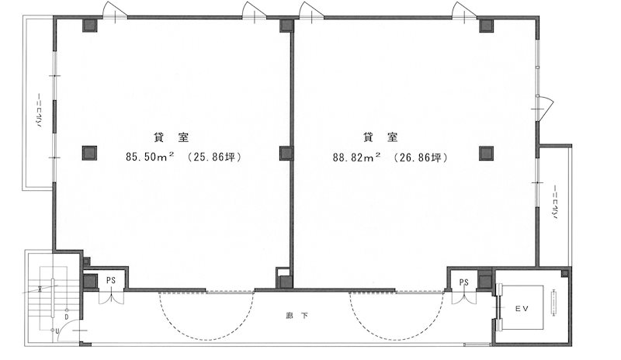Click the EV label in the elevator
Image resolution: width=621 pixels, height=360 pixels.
[522, 309]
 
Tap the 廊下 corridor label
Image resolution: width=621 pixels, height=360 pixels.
[297, 316]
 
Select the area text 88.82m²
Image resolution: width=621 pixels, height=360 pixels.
[356, 157]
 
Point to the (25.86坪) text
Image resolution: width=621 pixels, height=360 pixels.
[214, 157]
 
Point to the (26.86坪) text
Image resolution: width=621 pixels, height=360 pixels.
[421, 157]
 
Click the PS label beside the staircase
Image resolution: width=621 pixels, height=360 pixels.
[111, 280]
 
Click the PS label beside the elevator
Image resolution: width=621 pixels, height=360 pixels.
[463, 282]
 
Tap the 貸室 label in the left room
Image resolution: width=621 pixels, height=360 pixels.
[171, 137]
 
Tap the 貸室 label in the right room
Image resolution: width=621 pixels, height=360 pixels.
[380, 137]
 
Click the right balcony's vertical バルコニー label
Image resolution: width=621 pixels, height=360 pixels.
[555, 202]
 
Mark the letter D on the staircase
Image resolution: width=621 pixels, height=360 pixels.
[67, 317]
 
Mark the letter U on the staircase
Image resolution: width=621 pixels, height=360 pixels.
[57, 331]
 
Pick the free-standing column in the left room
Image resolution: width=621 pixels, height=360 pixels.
[89, 153]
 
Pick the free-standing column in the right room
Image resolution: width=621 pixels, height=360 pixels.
[486, 153]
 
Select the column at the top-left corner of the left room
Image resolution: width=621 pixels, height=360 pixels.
[89, 25]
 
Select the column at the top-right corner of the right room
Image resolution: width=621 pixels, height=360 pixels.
[486, 26]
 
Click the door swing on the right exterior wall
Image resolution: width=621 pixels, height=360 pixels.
[546, 106]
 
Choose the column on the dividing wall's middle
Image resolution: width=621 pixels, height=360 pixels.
[286, 153]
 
